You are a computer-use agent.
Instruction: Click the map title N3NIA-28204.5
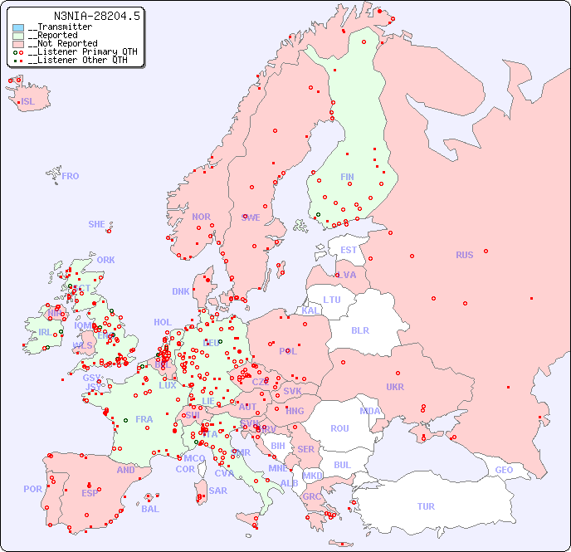pyautogui.click(x=97, y=15)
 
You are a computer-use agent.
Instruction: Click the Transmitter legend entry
pyautogui.click(x=63, y=27)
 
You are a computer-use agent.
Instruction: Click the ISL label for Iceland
pyautogui.click(x=28, y=102)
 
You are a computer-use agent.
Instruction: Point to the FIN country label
pyautogui.click(x=347, y=177)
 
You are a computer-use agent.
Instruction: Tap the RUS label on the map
pyautogui.click(x=464, y=255)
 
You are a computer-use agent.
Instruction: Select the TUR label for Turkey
pyautogui.click(x=426, y=506)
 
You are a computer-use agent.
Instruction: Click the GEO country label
pyautogui.click(x=504, y=470)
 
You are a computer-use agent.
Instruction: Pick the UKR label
pyautogui.click(x=395, y=387)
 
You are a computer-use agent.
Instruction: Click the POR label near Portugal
pyautogui.click(x=32, y=489)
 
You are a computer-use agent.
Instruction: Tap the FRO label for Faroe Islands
pyautogui.click(x=71, y=176)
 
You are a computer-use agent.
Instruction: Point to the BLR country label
pyautogui.click(x=359, y=330)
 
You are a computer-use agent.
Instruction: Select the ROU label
pyautogui.click(x=339, y=428)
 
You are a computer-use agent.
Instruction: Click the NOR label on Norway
pyautogui.click(x=201, y=217)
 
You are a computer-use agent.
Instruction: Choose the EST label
pyautogui.click(x=349, y=250)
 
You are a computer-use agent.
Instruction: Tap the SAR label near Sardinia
pyautogui.click(x=218, y=491)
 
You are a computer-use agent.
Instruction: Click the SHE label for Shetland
pyautogui.click(x=97, y=224)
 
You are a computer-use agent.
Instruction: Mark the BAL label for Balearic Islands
pyautogui.click(x=149, y=509)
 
